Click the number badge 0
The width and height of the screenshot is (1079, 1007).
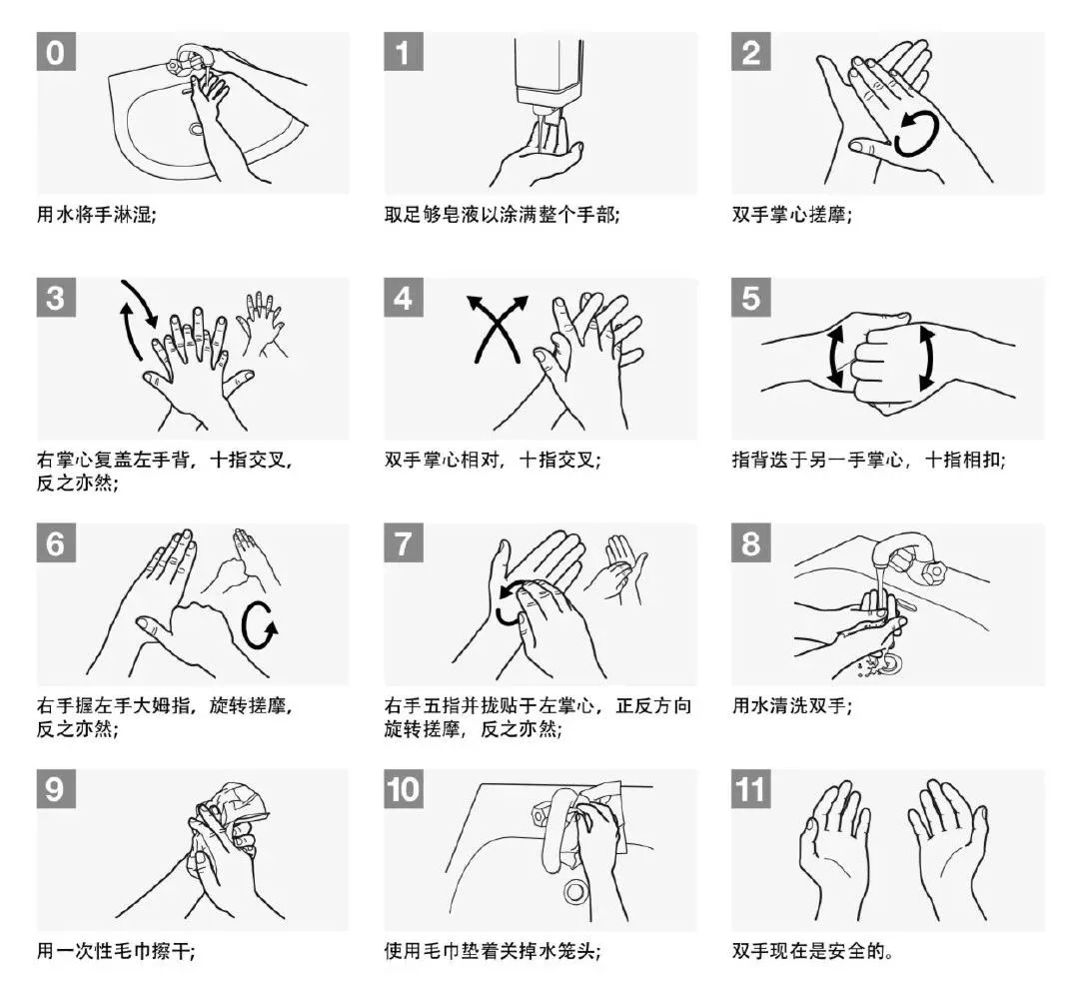click(x=56, y=52)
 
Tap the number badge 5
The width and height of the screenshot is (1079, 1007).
click(x=750, y=298)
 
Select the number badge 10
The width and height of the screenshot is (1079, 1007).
click(x=404, y=789)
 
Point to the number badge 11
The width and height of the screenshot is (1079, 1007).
click(x=750, y=789)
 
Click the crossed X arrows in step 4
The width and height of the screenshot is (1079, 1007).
click(x=497, y=329)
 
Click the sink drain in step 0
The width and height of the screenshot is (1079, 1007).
click(x=196, y=129)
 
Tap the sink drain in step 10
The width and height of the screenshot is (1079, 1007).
click(x=575, y=892)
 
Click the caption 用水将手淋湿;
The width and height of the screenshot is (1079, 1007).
click(x=96, y=215)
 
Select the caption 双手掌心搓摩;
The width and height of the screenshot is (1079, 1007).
click(x=792, y=215)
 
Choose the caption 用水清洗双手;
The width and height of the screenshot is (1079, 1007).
click(x=792, y=705)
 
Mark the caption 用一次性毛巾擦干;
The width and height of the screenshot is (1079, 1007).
click(x=116, y=951)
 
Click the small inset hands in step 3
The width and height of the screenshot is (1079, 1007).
click(x=262, y=324)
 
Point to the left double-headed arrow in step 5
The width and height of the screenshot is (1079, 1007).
click(x=834, y=357)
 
